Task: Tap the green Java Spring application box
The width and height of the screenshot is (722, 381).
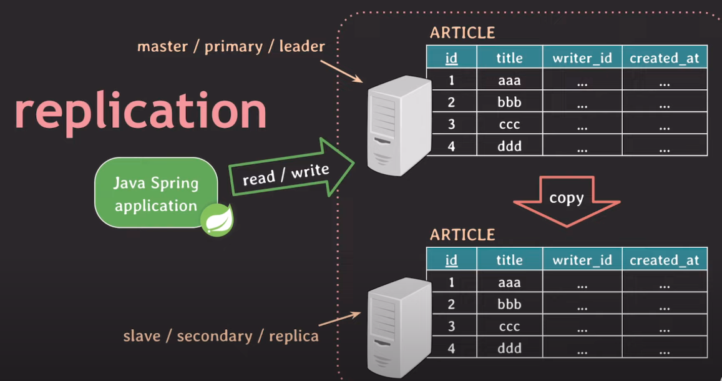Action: pos(156,194)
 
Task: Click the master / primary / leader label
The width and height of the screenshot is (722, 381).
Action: pos(231,47)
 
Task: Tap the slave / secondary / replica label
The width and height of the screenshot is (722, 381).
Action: pos(221,336)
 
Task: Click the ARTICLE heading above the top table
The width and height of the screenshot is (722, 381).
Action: pos(462,33)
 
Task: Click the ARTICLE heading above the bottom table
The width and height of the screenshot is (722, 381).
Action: pos(462,235)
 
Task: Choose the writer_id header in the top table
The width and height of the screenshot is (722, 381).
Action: pos(582,58)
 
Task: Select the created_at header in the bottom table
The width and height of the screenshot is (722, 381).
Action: pos(665,260)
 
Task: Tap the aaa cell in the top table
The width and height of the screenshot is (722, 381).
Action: pos(509,80)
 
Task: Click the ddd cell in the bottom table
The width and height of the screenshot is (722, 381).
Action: pos(509,349)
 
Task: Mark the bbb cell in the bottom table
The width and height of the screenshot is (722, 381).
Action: pos(509,305)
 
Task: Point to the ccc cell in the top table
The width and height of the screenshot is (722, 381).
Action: pos(509,124)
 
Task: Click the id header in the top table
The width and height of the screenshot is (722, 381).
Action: pos(451,58)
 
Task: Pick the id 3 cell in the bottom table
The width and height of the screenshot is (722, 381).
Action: pos(451,327)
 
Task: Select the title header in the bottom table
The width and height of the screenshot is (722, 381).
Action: pos(509,260)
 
